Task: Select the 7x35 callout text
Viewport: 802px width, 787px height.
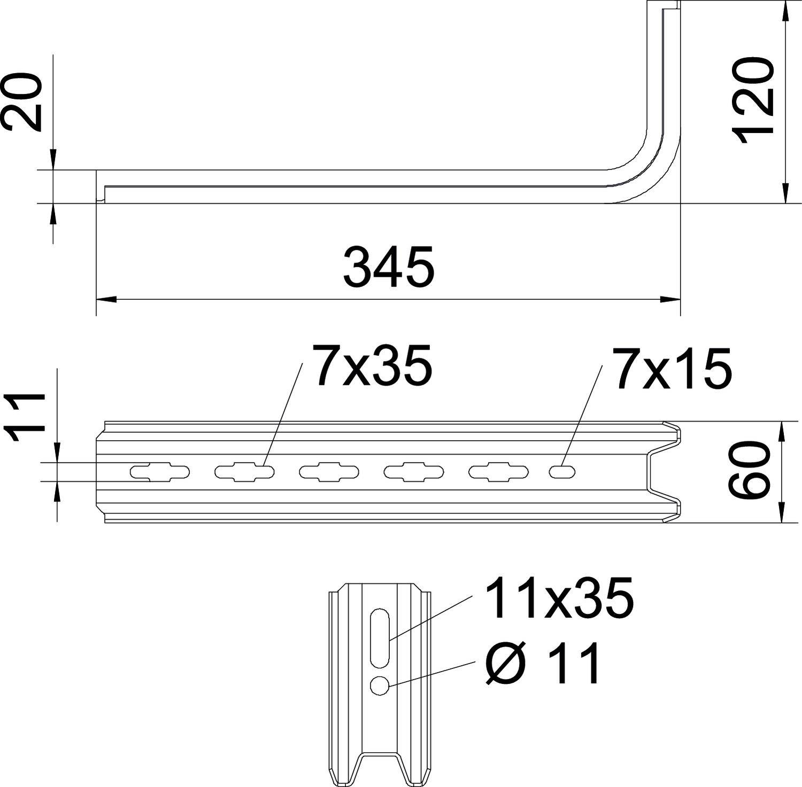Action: click(x=373, y=365)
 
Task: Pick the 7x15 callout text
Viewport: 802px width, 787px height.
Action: click(x=672, y=368)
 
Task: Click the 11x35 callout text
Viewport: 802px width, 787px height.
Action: click(x=559, y=598)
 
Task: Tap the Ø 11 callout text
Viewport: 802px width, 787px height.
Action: click(x=543, y=664)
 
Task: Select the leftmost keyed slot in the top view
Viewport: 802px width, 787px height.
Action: click(x=159, y=472)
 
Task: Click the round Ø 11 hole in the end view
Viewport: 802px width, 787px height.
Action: click(x=380, y=685)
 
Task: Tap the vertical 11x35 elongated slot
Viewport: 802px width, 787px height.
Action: click(x=380, y=637)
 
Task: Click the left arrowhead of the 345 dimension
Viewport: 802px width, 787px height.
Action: click(x=105, y=299)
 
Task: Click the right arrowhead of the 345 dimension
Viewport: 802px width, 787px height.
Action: click(x=671, y=299)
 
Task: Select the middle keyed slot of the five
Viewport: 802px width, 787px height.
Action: click(x=329, y=472)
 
